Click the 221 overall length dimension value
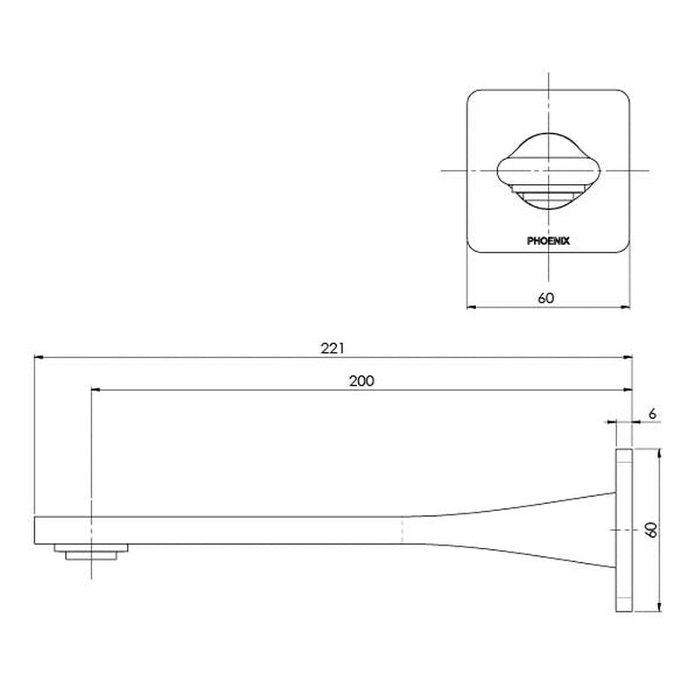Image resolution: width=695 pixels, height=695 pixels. click(x=333, y=347)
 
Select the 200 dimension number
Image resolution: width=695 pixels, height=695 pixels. click(x=363, y=381)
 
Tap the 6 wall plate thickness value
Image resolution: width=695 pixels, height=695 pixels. click(x=652, y=414)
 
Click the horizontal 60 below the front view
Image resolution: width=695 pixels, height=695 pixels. click(x=546, y=298)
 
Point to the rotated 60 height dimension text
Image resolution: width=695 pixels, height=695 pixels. click(x=651, y=530)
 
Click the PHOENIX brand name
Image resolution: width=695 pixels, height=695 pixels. click(x=548, y=241)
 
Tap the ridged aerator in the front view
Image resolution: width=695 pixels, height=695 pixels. click(x=548, y=194)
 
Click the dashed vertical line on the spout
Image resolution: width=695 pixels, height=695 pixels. click(x=401, y=530)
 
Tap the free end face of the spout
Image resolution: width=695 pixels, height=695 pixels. click(x=35, y=530)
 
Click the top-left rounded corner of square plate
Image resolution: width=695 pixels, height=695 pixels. click(x=473, y=95)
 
